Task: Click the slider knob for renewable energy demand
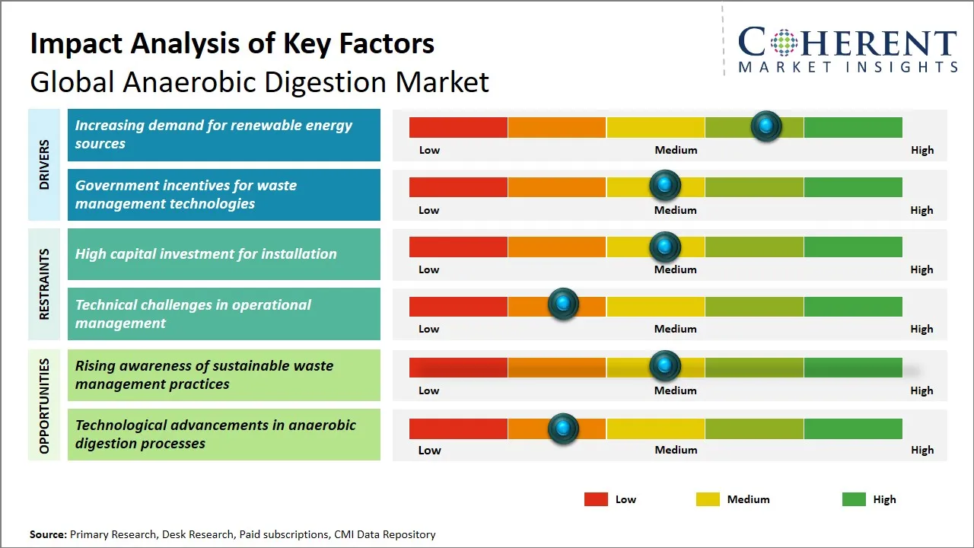point(766,126)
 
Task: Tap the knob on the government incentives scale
point(665,185)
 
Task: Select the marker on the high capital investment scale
point(665,247)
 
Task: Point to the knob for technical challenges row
point(563,304)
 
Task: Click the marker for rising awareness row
point(665,366)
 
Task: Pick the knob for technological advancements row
point(563,429)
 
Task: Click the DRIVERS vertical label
point(44,164)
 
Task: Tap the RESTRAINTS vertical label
point(44,284)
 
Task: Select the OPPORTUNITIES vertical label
point(44,406)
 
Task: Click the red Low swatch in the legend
point(596,499)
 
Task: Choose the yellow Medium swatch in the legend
point(708,499)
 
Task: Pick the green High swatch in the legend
point(854,499)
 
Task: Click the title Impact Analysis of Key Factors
point(232,43)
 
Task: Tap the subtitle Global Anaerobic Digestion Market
point(259,81)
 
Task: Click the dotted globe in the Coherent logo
point(783,43)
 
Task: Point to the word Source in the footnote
point(48,534)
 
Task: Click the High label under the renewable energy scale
point(922,150)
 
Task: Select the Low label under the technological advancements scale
point(429,450)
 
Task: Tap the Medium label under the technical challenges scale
point(676,329)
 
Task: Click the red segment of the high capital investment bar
point(458,247)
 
